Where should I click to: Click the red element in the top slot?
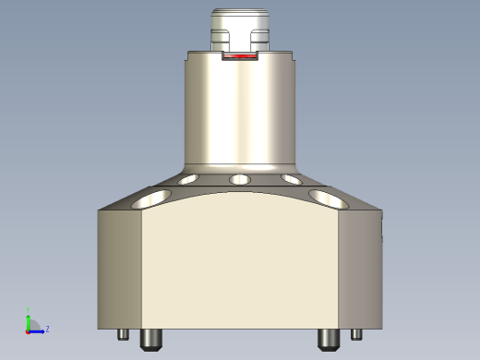[x=240, y=57]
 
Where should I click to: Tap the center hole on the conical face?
[x=240, y=178]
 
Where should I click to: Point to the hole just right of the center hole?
[x=291, y=179]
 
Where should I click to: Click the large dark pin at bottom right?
[x=328, y=339]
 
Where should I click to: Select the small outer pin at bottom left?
[x=123, y=334]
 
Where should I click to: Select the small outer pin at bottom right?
[x=356, y=334]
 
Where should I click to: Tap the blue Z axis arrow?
[x=38, y=329]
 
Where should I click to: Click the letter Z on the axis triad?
[x=47, y=328]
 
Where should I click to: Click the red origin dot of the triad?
[x=29, y=330]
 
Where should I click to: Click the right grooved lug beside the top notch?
[x=260, y=40]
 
